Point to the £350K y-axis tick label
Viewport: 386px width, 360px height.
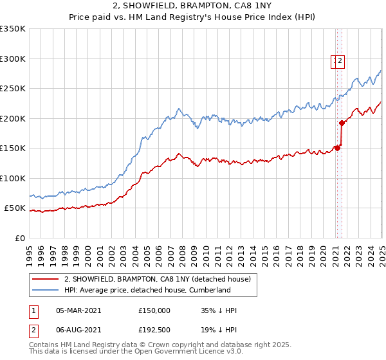(13, 29)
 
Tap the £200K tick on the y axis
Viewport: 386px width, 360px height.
(13, 118)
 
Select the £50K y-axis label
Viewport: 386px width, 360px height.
(15, 208)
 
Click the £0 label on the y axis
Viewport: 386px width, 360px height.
(20, 239)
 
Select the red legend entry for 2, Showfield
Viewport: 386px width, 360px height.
(161, 278)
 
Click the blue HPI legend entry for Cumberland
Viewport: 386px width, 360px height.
(147, 290)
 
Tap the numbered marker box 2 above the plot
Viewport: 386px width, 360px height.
(340, 62)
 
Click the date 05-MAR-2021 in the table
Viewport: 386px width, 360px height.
(78, 310)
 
